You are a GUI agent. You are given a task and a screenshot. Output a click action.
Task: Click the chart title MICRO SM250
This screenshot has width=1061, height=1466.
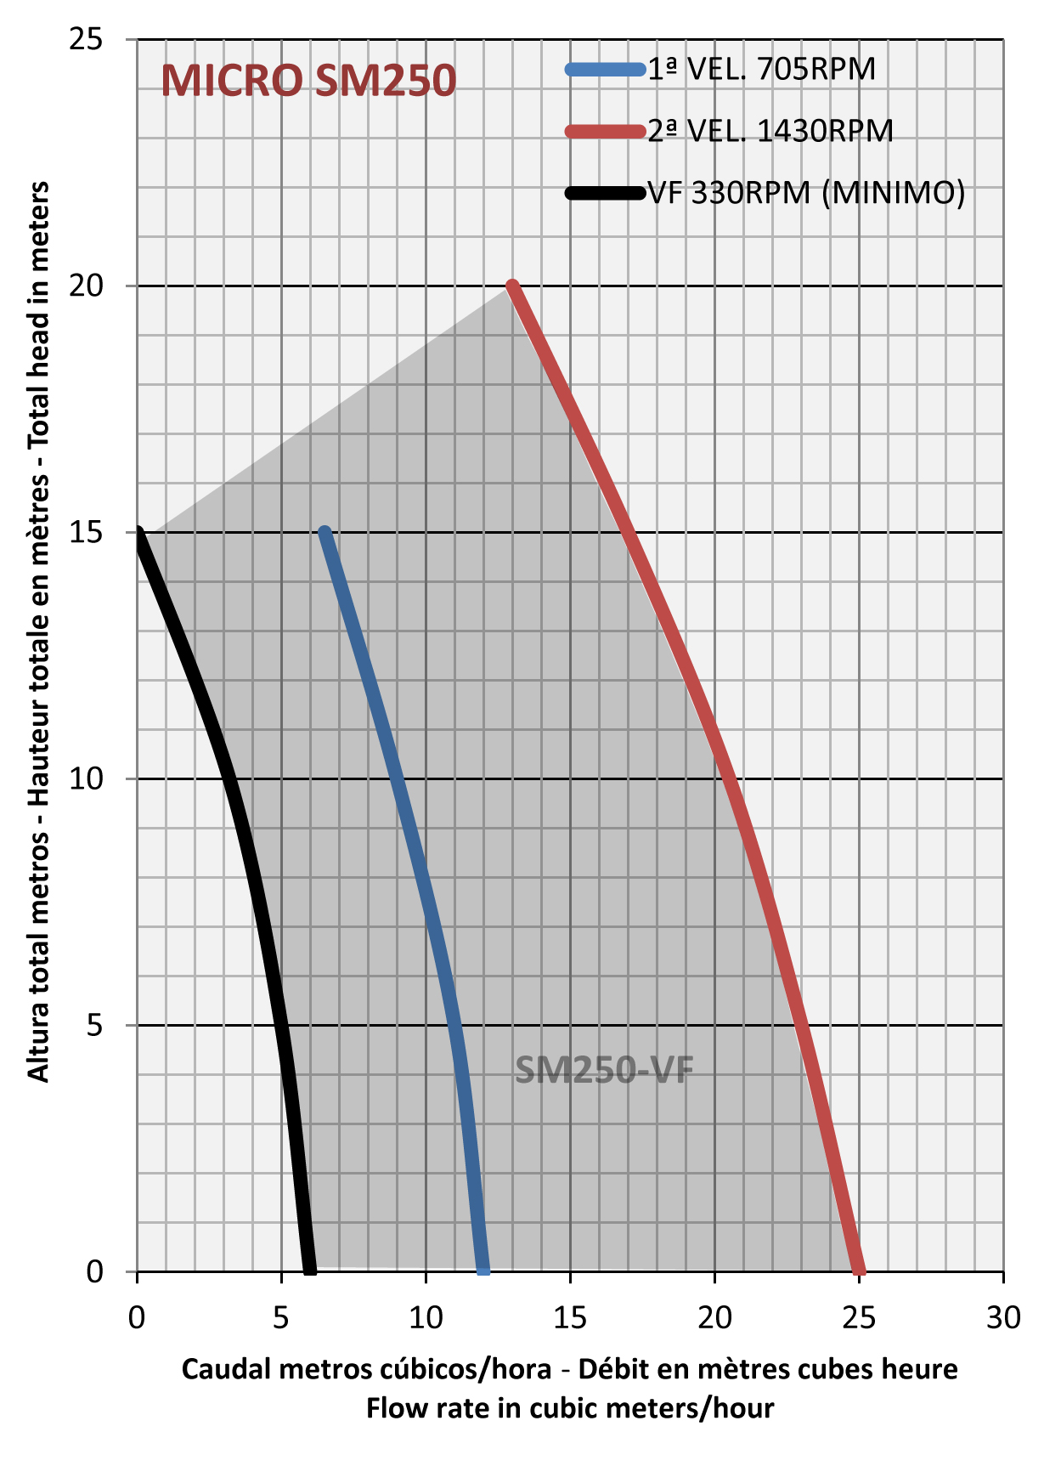pyautogui.click(x=308, y=81)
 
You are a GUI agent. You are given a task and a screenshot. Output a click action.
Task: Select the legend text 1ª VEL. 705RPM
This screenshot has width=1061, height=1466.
pyautogui.click(x=761, y=69)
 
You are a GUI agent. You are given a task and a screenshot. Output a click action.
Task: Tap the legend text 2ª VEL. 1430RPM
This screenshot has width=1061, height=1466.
pyautogui.click(x=770, y=131)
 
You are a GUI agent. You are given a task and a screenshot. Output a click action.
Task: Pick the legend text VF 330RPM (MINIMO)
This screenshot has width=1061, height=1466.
pyautogui.click(x=806, y=193)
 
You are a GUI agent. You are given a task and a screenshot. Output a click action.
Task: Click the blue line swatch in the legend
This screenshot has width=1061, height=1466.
pyautogui.click(x=605, y=70)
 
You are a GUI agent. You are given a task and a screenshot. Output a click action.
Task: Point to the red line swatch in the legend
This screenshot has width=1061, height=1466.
pyautogui.click(x=605, y=131)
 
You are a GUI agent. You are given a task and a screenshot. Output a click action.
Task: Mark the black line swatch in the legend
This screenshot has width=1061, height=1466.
pyautogui.click(x=605, y=193)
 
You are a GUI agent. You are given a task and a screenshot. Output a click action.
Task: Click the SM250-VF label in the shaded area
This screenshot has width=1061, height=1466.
pyautogui.click(x=604, y=1070)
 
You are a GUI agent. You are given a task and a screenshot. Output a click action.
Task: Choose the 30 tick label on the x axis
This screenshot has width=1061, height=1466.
pyautogui.click(x=1003, y=1317)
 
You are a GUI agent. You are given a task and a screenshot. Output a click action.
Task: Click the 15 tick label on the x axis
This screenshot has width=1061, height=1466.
pyautogui.click(x=570, y=1317)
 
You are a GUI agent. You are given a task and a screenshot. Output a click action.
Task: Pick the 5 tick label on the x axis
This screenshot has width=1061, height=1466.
pyautogui.click(x=281, y=1317)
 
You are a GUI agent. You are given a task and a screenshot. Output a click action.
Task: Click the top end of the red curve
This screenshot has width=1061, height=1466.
pyautogui.click(x=512, y=286)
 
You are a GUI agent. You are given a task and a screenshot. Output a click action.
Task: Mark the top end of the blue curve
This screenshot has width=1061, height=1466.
pyautogui.click(x=325, y=533)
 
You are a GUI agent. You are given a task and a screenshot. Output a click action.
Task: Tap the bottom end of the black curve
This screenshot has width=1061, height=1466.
pyautogui.click(x=310, y=1269)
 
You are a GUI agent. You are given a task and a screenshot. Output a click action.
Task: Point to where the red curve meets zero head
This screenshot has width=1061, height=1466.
pyautogui.click(x=859, y=1270)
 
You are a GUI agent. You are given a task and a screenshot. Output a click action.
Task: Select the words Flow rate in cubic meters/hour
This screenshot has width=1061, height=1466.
pyautogui.click(x=570, y=1408)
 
